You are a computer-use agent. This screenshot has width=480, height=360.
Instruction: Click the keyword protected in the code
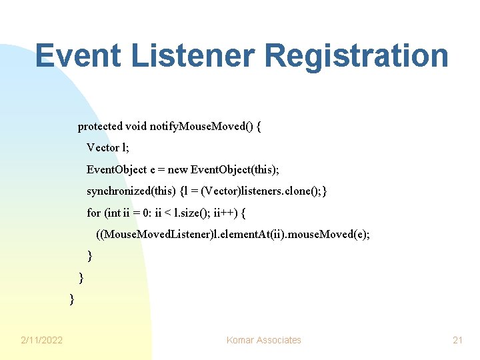(x=100, y=127)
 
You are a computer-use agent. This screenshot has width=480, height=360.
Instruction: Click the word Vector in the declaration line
(x=102, y=147)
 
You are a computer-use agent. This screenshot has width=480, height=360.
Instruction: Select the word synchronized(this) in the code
(x=131, y=191)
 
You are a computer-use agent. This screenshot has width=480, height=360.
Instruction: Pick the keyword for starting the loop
(x=94, y=213)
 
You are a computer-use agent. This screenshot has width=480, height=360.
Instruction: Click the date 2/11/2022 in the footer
(x=41, y=340)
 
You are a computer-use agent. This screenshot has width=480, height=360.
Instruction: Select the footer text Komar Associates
(x=263, y=340)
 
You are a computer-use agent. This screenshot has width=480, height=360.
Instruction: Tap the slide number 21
(x=457, y=340)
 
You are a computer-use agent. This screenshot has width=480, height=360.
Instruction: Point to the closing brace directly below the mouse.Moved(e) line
(x=90, y=256)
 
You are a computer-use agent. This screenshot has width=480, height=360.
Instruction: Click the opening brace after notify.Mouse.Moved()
(x=259, y=127)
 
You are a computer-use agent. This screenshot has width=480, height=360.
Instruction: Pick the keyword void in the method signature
(x=136, y=127)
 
